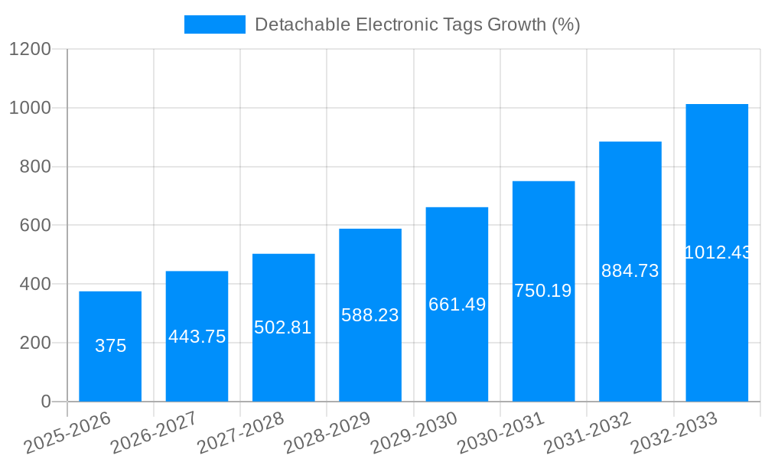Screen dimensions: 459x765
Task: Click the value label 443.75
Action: click(x=197, y=337)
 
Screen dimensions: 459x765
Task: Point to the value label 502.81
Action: click(x=283, y=327)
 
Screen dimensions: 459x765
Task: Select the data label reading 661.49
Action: click(x=457, y=304)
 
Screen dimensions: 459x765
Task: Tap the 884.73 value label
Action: click(x=630, y=271)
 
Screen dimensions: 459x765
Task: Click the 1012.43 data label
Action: click(x=717, y=252)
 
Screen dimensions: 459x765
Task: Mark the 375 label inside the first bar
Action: click(x=110, y=346)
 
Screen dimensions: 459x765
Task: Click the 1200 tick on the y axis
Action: click(x=30, y=49)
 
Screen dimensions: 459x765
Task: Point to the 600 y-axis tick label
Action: click(x=35, y=226)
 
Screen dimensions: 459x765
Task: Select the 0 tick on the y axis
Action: click(x=45, y=402)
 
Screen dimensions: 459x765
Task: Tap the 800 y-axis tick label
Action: click(x=35, y=167)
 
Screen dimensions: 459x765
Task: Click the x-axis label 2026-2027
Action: click(x=154, y=433)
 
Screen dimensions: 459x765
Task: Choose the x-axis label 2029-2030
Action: click(x=414, y=433)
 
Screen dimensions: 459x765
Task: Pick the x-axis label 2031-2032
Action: click(x=587, y=433)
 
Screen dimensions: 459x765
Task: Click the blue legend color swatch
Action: click(x=214, y=24)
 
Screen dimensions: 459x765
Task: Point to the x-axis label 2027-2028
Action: click(x=240, y=433)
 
